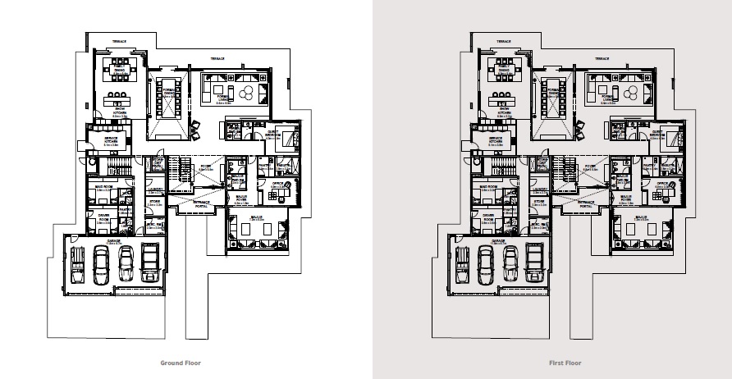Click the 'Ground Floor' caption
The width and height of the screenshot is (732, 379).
pyautogui.click(x=181, y=362)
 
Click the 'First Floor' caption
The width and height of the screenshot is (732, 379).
pyautogui.click(x=565, y=362)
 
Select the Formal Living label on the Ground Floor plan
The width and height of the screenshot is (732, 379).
pyautogui.click(x=226, y=101)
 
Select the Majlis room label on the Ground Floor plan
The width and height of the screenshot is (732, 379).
pyautogui.click(x=256, y=219)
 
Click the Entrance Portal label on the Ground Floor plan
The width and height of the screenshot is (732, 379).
pyautogui.click(x=200, y=201)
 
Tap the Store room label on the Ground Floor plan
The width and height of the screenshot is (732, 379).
pyautogui.click(x=153, y=199)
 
